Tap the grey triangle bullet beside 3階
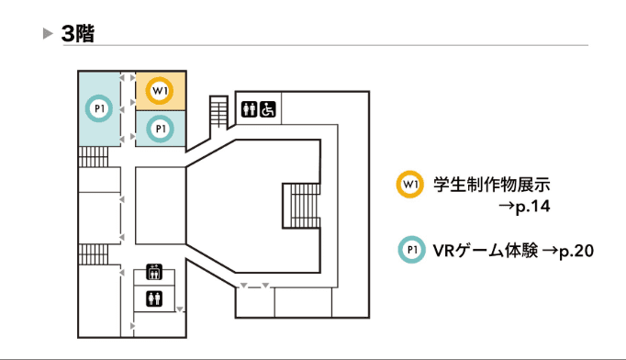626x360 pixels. coord(49,34)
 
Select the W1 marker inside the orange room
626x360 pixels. coord(161,89)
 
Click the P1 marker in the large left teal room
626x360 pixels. coord(98,108)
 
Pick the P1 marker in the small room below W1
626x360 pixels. coord(161,129)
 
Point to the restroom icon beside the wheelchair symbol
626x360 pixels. coord(251,108)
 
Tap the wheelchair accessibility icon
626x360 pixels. coord(268,108)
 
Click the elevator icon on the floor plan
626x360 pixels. coord(154,273)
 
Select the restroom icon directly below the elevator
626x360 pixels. coord(154,298)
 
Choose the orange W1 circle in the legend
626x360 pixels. coord(409,185)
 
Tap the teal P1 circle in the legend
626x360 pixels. coord(410,250)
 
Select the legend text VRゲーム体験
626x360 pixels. coord(482,250)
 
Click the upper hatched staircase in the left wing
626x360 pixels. coord(94,156)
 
